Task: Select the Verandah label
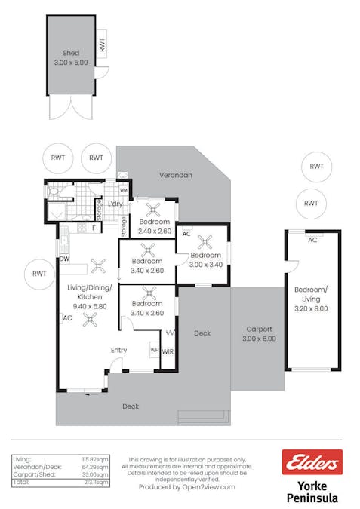(x=175, y=175)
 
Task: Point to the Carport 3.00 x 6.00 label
(x=259, y=334)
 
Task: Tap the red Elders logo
(x=311, y=462)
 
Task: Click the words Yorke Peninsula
(x=312, y=492)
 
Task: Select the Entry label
(x=118, y=351)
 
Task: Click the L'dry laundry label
(x=115, y=204)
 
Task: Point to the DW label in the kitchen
(x=65, y=258)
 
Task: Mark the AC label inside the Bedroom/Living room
(x=311, y=240)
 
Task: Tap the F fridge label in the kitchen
(x=94, y=228)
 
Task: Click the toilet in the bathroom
(x=54, y=192)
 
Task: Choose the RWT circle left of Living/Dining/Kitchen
(x=38, y=274)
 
